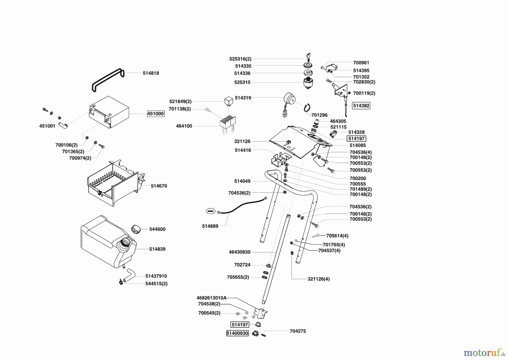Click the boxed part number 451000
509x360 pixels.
pyautogui.click(x=156, y=114)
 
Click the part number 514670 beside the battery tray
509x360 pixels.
pyautogui.click(x=159, y=186)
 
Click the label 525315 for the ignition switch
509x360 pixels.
pyautogui.click(x=242, y=83)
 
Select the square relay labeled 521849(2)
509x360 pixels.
pyautogui.click(x=228, y=100)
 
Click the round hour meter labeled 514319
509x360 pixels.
pyautogui.click(x=289, y=100)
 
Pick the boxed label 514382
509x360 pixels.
pyautogui.click(x=361, y=106)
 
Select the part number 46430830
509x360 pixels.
pyautogui.click(x=239, y=252)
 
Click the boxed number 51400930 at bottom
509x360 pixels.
pyautogui.click(x=237, y=333)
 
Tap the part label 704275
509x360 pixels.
pyautogui.click(x=297, y=331)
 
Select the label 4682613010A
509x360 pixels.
pyautogui.click(x=211, y=298)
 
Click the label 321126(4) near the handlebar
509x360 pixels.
pyautogui.click(x=318, y=279)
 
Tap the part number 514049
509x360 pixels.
pyautogui.click(x=242, y=181)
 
